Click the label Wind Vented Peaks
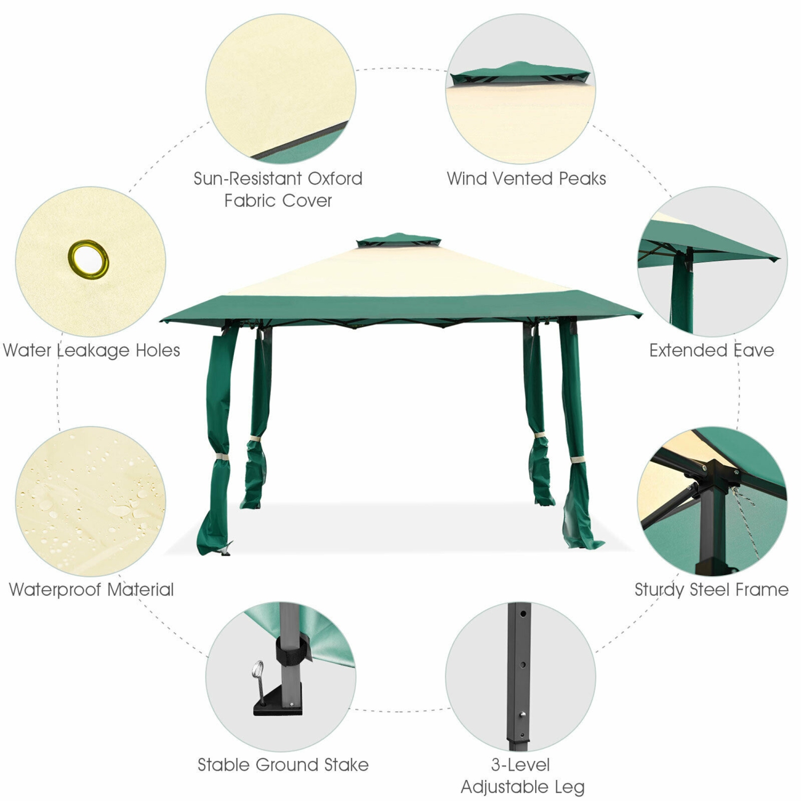click(527, 178)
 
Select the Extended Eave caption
click(712, 350)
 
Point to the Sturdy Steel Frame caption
click(711, 590)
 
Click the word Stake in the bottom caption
click(346, 765)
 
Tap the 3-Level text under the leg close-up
click(521, 765)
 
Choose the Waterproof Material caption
click(91, 590)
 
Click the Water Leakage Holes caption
click(91, 350)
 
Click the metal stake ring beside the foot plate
click(258, 669)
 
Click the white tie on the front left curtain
click(220, 458)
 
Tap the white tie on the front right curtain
click(577, 459)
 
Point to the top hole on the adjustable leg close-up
click(523, 614)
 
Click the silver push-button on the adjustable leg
click(523, 714)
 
